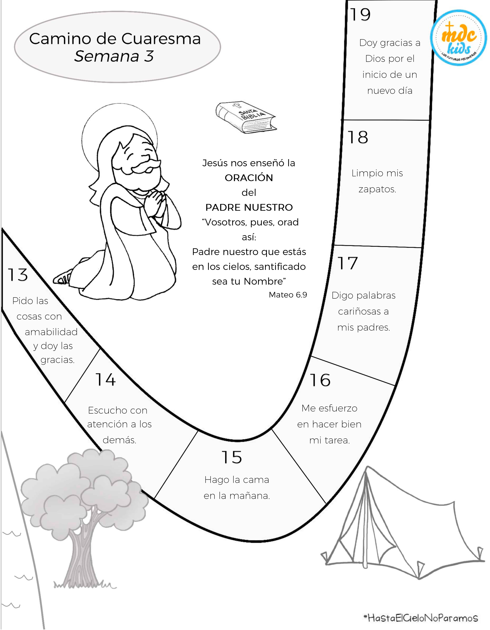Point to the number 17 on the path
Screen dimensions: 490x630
tap(348, 263)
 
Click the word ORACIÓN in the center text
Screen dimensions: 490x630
tap(249, 178)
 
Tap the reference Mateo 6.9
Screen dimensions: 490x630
tap(288, 295)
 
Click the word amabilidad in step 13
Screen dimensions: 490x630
tap(51, 332)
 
